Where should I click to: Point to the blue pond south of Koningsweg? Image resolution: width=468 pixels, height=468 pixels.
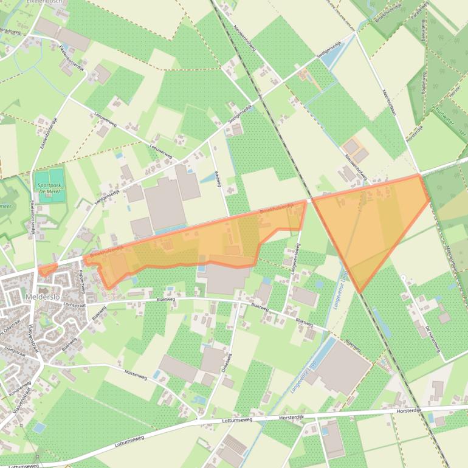click(x=39, y=428)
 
